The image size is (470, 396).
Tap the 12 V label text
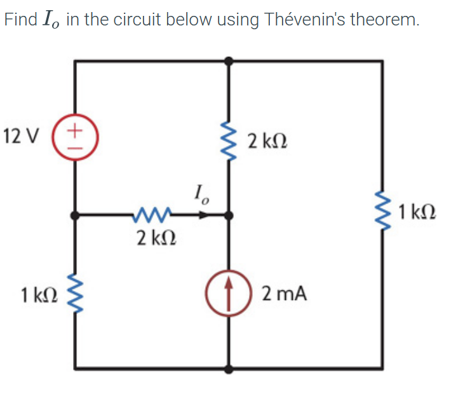pyautogui.click(x=20, y=136)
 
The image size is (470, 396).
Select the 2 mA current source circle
pyautogui.click(x=229, y=294)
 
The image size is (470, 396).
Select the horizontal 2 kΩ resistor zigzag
pyautogui.click(x=151, y=215)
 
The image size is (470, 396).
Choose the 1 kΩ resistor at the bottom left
pyautogui.click(x=76, y=293)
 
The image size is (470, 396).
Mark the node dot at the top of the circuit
pyautogui.click(x=229, y=61)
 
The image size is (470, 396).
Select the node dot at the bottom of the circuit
pyautogui.click(x=229, y=368)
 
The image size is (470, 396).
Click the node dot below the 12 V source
pyautogui.click(x=76, y=215)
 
